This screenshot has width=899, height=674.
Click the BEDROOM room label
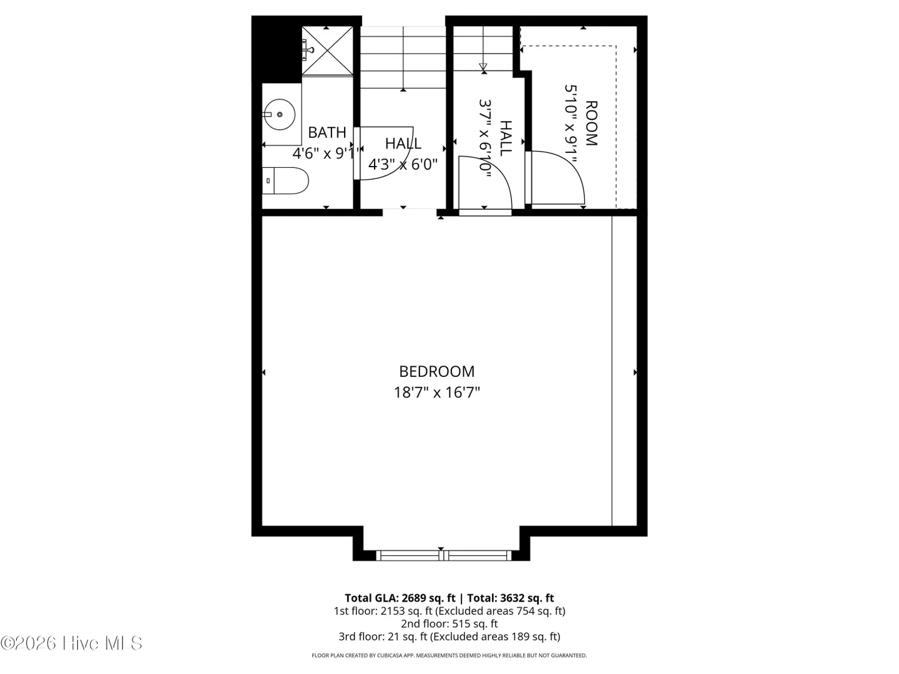pos(436,371)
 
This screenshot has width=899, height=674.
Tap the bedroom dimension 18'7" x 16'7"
pos(436,393)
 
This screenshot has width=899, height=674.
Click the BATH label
pos(327,132)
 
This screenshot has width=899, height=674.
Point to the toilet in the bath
pos(285,180)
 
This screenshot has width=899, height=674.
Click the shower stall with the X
pos(327,51)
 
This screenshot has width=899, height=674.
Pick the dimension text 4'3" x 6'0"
pos(403,165)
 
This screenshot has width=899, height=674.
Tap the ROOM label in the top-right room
pos(591,123)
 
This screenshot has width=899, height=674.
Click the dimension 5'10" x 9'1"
pos(571,124)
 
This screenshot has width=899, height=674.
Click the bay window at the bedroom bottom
pos(443,555)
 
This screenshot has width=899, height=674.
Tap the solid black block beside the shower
pos(277,49)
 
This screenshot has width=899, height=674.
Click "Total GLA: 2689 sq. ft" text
pos(400,598)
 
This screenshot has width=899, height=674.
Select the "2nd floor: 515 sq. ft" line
pos(449,623)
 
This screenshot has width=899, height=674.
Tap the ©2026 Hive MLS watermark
pos(71,643)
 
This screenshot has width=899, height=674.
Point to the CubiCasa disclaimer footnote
pos(449,655)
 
